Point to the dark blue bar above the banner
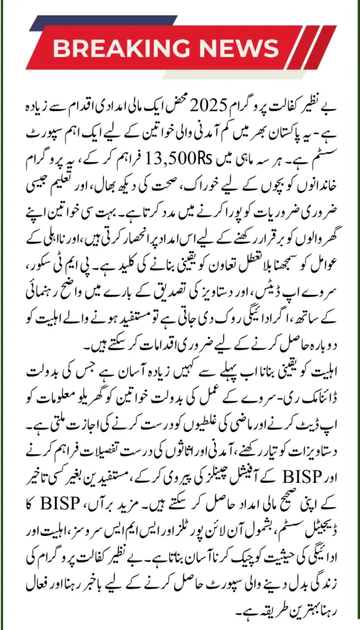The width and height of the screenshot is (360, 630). [x=68, y=22]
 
